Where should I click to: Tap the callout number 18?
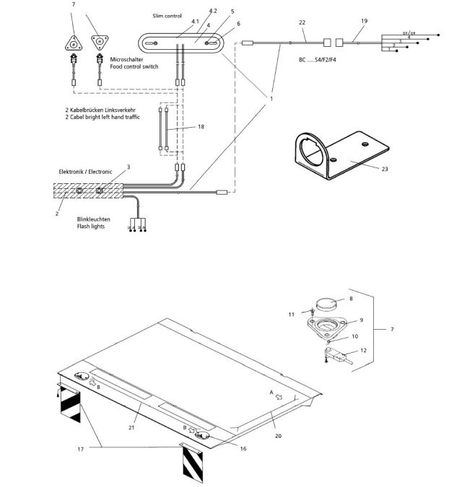pyautogui.click(x=201, y=126)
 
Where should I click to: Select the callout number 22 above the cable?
pyautogui.click(x=302, y=22)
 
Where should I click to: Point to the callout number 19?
pyautogui.click(x=364, y=22)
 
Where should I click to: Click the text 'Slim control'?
pyautogui.click(x=167, y=15)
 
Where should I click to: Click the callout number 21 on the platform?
pyautogui.click(x=131, y=428)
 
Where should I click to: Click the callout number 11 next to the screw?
pyautogui.click(x=292, y=315)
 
